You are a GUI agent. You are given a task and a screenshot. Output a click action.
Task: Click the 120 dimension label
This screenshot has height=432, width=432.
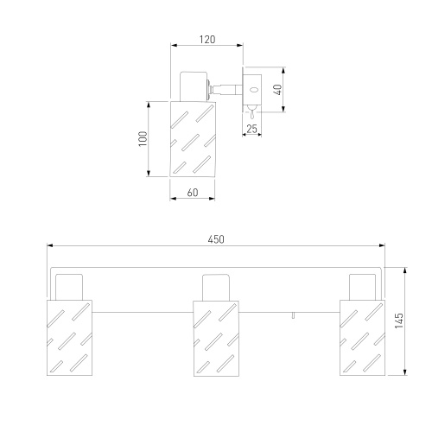[207, 40]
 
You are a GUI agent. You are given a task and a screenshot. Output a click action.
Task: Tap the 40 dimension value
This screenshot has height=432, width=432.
[277, 90]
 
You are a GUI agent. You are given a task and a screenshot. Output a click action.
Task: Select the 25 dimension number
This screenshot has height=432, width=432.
[251, 129]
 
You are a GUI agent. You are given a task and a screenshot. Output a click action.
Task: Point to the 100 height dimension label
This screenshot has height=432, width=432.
[143, 139]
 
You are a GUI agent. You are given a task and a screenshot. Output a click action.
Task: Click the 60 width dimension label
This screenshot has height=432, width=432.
[193, 193]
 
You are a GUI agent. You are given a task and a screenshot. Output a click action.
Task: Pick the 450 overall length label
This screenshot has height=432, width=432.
[216, 239]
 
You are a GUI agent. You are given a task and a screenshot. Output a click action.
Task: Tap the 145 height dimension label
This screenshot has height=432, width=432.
[399, 321]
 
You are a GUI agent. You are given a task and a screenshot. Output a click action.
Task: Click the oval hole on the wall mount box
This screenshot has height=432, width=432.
[254, 90]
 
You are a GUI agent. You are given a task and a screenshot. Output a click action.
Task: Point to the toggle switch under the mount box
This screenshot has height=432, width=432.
[252, 111]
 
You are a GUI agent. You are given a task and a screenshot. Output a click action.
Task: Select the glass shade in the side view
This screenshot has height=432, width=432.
[193, 139]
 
